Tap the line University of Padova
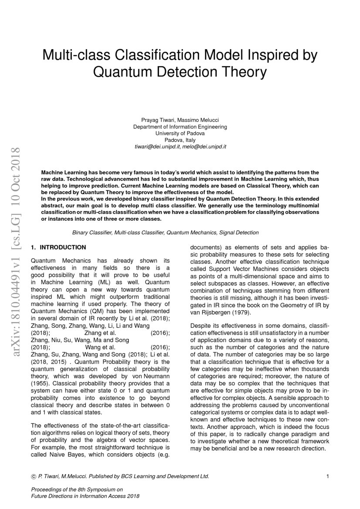click(180, 133)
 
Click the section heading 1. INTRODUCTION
click(58, 247)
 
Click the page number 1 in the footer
click(327, 476)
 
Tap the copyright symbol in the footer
click(34, 476)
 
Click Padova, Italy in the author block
click(180, 140)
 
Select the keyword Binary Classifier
click(92, 233)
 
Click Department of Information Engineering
click(180, 127)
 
